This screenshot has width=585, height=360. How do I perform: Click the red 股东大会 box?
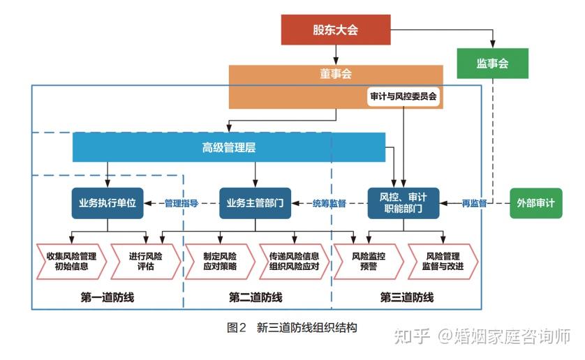pyautogui.click(x=335, y=29)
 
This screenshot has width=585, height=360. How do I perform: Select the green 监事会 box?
pyautogui.click(x=492, y=63)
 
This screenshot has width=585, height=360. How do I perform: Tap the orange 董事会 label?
pyautogui.click(x=336, y=74)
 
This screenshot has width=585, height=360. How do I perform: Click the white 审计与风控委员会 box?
pyautogui.click(x=403, y=96)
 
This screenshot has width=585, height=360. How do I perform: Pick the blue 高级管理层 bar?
pyautogui.click(x=229, y=147)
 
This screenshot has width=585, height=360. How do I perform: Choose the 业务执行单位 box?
pyautogui.click(x=108, y=203)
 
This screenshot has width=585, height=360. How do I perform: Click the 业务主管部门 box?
pyautogui.click(x=255, y=203)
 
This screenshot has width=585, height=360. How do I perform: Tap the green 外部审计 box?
pyautogui.click(x=535, y=203)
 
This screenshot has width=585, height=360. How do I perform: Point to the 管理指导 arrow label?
pyautogui.click(x=182, y=203)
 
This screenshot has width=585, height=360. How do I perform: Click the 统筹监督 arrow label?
pyautogui.click(x=329, y=203)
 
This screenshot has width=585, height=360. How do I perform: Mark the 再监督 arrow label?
pyautogui.click(x=474, y=203)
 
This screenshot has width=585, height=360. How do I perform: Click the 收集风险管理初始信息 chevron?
pyautogui.click(x=71, y=261)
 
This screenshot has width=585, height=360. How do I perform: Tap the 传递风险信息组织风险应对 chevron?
pyautogui.click(x=294, y=261)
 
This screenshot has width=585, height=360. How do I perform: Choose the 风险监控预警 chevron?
pyautogui.click(x=368, y=261)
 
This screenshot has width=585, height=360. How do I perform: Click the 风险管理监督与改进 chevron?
pyautogui.click(x=443, y=261)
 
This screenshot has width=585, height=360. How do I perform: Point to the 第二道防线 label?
pyautogui.click(x=256, y=298)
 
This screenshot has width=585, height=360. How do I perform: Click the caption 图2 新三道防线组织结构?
pyautogui.click(x=292, y=327)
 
